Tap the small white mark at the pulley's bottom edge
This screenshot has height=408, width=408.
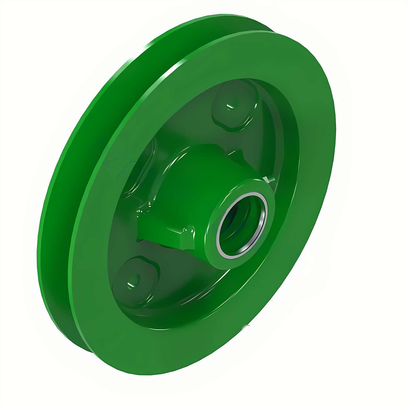246,327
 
